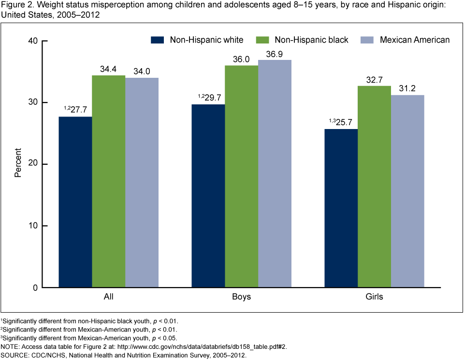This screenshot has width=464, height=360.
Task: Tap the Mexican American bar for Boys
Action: [x=275, y=173]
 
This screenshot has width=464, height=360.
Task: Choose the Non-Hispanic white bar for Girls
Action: [x=341, y=208]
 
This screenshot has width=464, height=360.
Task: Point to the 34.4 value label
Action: [x=108, y=69]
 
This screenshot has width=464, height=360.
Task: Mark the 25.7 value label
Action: [x=344, y=122]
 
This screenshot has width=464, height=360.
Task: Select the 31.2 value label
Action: [x=407, y=89]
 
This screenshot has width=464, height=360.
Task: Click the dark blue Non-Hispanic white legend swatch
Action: [x=158, y=40]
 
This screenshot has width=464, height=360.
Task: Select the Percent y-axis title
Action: [x=18, y=164]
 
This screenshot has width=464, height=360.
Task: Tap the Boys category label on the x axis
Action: [x=241, y=297]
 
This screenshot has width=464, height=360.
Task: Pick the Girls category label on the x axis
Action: [x=374, y=297]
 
